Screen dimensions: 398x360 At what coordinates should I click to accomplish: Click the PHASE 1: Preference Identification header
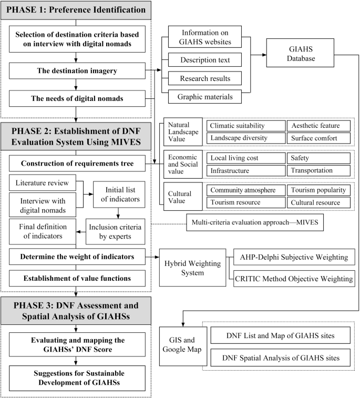[77, 11]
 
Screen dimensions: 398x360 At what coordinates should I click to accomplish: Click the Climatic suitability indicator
[244, 126]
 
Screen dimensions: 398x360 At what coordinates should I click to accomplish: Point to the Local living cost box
[244, 158]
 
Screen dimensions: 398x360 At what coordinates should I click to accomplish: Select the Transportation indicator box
[318, 171]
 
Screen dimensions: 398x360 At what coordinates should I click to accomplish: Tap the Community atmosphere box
[244, 190]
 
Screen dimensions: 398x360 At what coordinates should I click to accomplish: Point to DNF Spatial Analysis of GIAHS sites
[280, 359]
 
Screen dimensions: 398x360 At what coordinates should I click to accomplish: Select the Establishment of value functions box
[77, 278]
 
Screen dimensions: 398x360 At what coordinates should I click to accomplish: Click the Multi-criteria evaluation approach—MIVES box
[255, 223]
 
